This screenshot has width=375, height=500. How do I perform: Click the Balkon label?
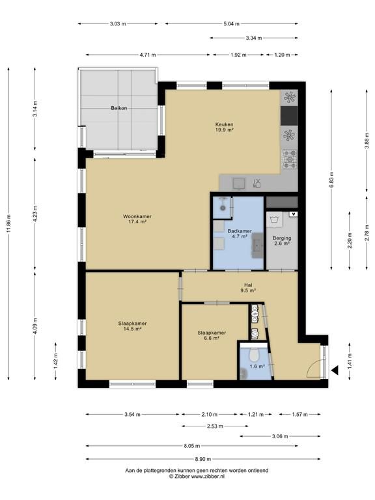[119, 108]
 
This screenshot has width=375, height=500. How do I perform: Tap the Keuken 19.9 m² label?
[225, 127]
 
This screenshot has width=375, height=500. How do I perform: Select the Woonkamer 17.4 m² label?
[137, 219]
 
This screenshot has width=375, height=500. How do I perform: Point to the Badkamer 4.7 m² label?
[240, 234]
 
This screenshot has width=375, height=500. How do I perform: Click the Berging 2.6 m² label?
[282, 241]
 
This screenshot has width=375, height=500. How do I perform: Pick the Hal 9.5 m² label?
[248, 288]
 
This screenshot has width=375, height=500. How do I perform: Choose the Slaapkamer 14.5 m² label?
[133, 326]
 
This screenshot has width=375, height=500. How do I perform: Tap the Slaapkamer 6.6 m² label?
[212, 335]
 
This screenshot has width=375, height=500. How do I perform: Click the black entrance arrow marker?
[335, 370]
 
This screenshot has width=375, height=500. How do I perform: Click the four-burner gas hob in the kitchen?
[290, 160]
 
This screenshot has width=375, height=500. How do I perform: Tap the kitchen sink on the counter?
[239, 184]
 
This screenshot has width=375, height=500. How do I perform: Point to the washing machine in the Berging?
[274, 219]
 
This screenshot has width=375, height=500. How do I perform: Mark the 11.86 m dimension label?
[8, 224]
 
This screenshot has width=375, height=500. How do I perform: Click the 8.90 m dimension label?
[203, 459]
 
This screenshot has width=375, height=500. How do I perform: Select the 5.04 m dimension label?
[231, 23]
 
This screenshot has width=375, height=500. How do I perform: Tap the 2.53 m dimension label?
[215, 426]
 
